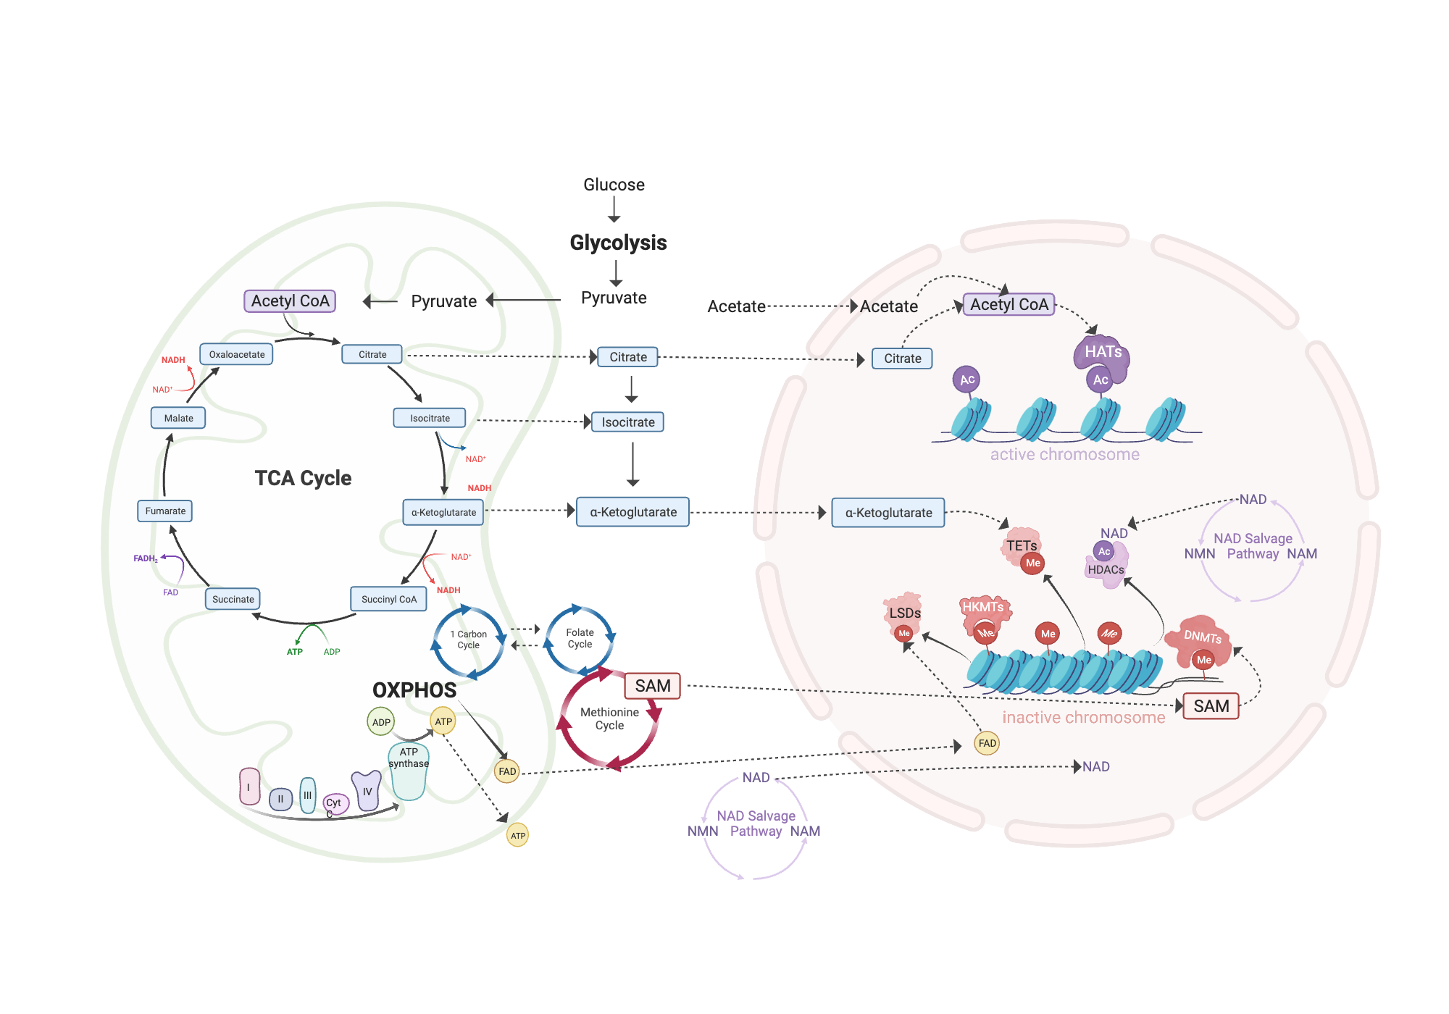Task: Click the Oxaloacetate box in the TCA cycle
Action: pos(236,354)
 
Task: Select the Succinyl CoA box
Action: pos(388,599)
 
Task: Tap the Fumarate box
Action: pos(165,511)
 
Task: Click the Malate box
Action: pos(178,418)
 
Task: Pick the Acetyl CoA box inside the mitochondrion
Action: pos(290,301)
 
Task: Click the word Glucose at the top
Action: pos(614,185)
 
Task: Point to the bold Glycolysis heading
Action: pos(618,243)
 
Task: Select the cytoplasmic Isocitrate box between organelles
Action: pos(627,422)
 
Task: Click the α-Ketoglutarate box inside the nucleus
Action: pos(888,513)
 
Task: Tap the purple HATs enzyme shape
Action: pos(1103,353)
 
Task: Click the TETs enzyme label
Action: pos(1021,545)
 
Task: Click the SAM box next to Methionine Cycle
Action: pos(652,686)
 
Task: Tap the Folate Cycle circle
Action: pos(580,639)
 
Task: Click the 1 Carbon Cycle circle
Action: pos(468,640)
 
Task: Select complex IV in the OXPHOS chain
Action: pos(367,791)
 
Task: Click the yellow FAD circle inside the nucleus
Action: pos(987,743)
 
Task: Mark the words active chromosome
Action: pos(1064,455)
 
